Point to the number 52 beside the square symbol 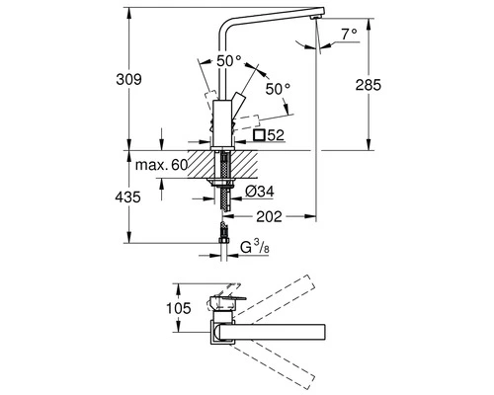point(278,134)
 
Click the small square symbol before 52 point(260,134)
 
